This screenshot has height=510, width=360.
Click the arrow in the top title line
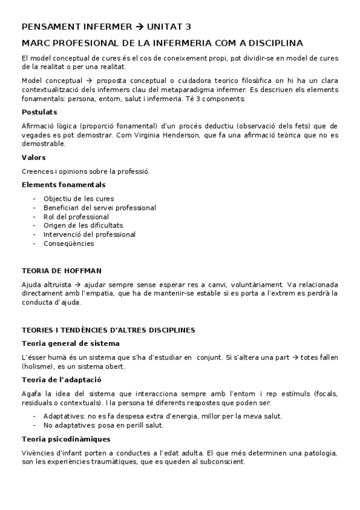(x=141, y=26)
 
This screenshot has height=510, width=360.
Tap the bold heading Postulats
(x=39, y=112)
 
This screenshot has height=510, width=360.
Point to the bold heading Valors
(x=33, y=158)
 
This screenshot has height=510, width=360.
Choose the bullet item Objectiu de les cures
(x=78, y=198)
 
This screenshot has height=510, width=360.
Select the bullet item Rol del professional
(x=76, y=217)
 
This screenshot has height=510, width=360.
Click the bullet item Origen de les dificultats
(x=83, y=226)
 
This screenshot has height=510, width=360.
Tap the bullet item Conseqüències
(x=69, y=244)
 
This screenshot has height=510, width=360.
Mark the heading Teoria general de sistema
(x=70, y=343)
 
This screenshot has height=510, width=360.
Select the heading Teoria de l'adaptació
(x=61, y=379)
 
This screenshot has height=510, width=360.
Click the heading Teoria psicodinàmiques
(x=66, y=438)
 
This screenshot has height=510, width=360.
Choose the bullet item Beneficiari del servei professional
(x=99, y=207)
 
